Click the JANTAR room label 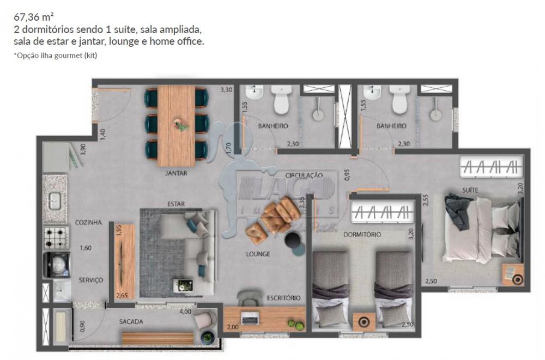coord(176,174)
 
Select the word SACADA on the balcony coord(131,322)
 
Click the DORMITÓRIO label coord(362,234)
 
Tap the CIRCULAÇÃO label coord(303,175)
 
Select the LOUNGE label coord(258,254)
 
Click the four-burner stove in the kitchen coord(56,238)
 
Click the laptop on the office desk coord(250,316)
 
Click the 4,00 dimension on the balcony coord(185,312)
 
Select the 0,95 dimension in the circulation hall coord(347,175)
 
